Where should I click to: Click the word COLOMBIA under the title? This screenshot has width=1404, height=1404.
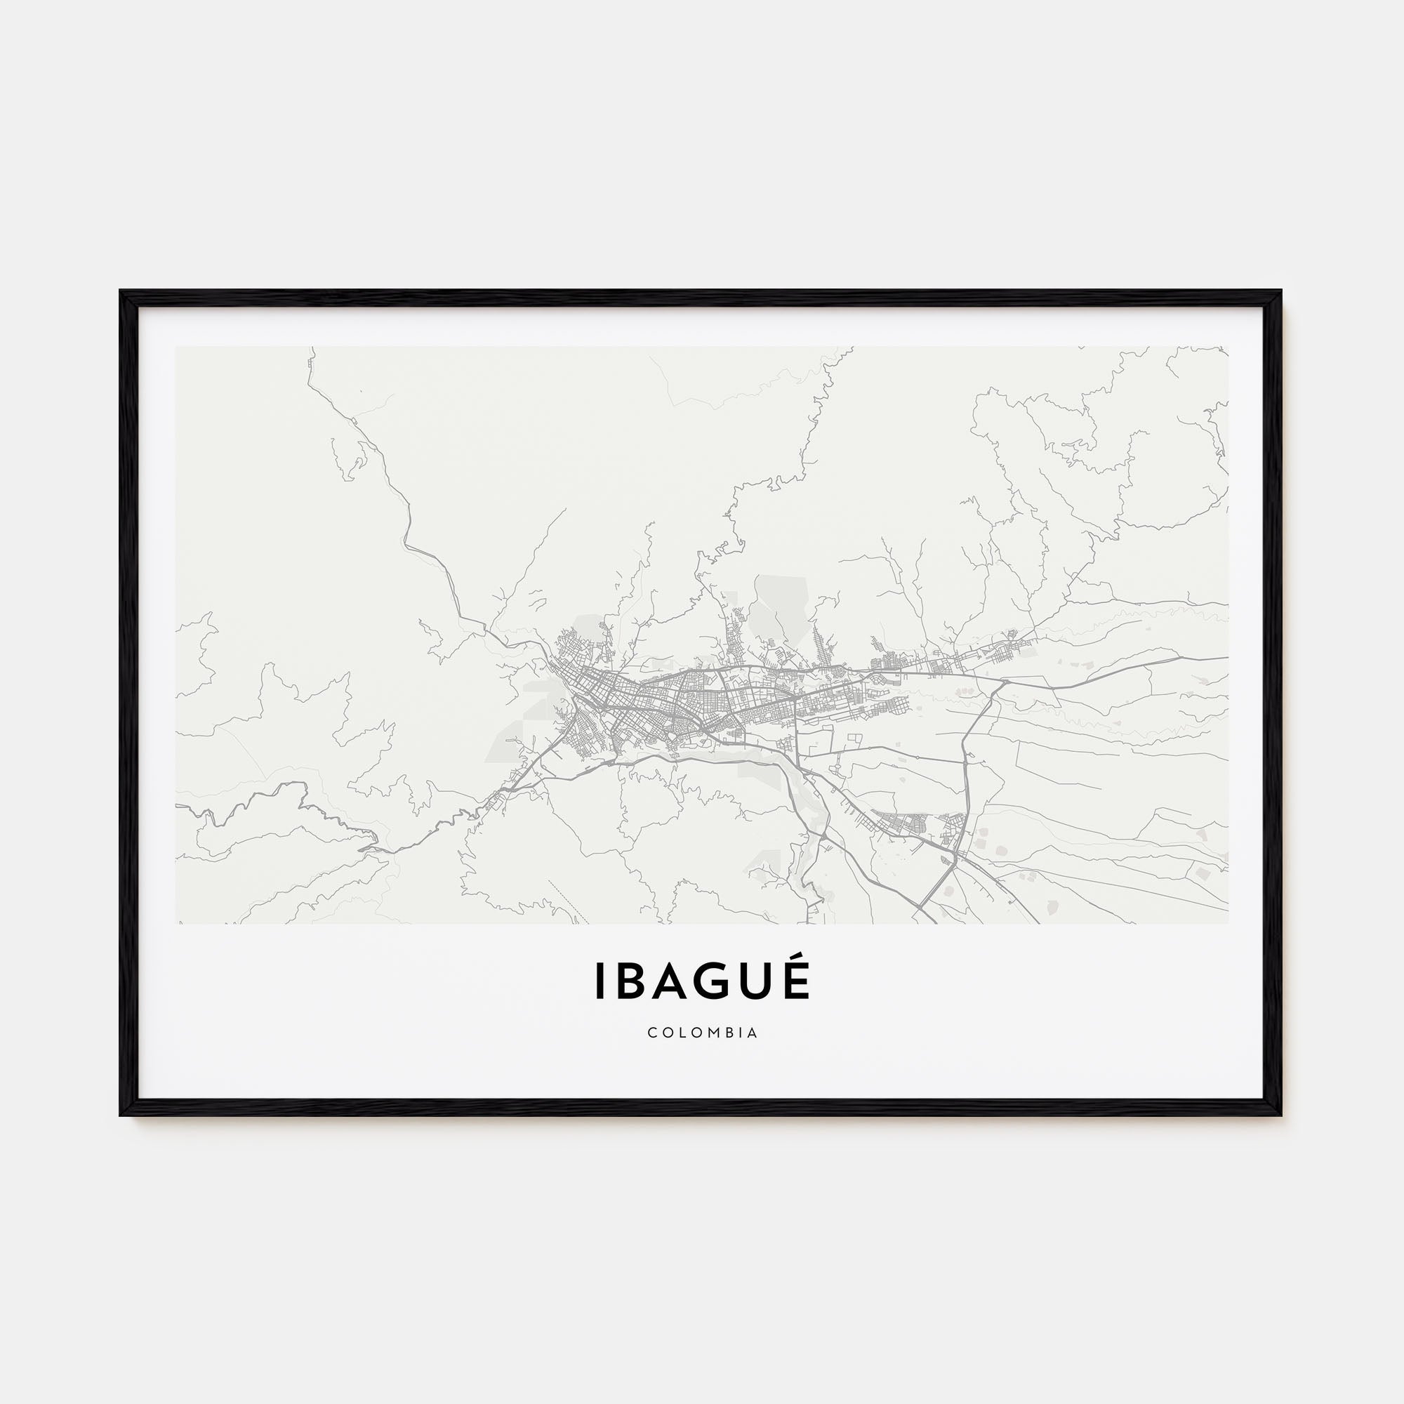click(x=702, y=1033)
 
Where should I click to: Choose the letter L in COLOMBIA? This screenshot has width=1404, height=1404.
click(x=680, y=1033)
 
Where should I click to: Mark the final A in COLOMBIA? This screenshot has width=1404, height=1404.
click(x=753, y=1033)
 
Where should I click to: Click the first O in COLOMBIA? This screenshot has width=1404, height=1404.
click(x=665, y=1033)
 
